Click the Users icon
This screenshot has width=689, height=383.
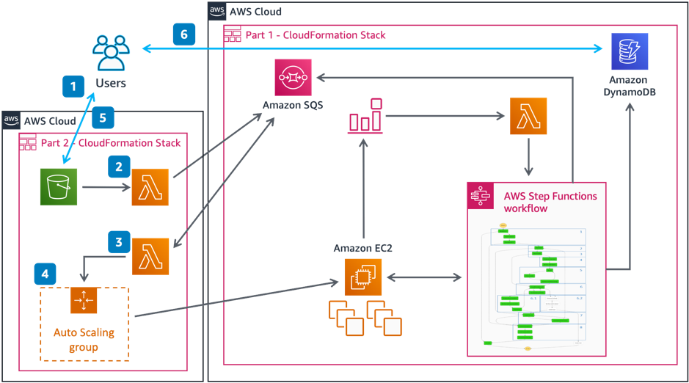pos(111,53)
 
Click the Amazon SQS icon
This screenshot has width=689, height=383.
pos(293,77)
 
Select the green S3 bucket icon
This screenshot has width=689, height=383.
pos(59,187)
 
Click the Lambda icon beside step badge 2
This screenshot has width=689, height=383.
pos(150,187)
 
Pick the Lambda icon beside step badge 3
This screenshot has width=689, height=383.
pos(150,256)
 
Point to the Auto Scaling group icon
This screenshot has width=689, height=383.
pos(84,301)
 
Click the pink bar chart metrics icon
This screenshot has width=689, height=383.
pos(365,116)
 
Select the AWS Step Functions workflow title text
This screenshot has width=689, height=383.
pos(550,202)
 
